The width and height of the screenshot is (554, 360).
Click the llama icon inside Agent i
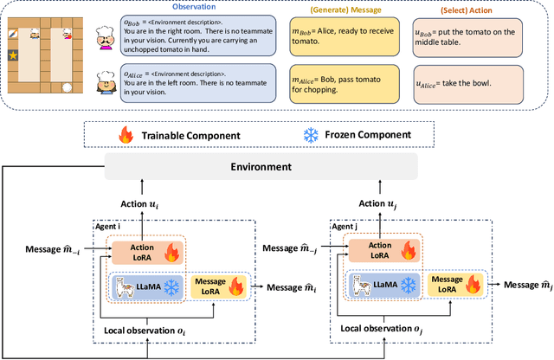[x=128, y=286]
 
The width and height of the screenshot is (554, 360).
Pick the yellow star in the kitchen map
[x=13, y=55]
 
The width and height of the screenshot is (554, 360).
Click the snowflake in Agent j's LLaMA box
[x=407, y=286]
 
